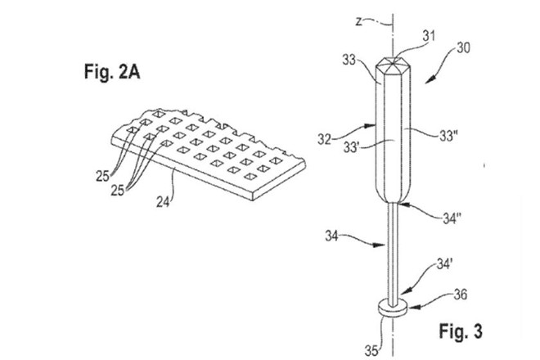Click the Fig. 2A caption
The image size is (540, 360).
112,72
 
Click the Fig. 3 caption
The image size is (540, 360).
461,331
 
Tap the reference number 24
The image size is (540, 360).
163,201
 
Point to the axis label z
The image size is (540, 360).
359,22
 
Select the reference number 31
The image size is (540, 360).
429,36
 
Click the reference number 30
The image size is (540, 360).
463,47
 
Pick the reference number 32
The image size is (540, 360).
325,140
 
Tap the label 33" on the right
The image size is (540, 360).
448,136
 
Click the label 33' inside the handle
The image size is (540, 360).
351,147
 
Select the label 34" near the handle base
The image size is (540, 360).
452,218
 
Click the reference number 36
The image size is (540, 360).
461,295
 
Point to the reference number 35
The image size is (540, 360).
371,351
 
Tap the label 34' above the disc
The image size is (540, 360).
444,264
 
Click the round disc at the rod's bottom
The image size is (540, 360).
393,308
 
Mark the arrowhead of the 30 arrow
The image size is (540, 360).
428,80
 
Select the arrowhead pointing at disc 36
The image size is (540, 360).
411,306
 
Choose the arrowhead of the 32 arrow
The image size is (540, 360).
371,126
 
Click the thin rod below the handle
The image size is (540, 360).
393,252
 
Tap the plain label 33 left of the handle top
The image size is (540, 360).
349,61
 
